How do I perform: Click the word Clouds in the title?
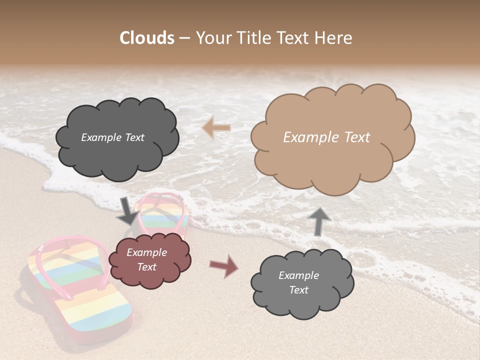[x=146, y=38]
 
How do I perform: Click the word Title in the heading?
[x=255, y=38]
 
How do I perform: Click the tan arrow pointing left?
[x=216, y=128]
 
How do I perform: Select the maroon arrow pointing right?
[x=224, y=266]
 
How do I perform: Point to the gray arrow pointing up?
[x=321, y=221]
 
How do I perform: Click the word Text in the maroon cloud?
[x=147, y=267]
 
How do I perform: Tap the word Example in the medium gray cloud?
[x=298, y=275]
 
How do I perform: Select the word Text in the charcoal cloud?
[x=133, y=137]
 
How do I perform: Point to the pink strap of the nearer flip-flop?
[x=75, y=250]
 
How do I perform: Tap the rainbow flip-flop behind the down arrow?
[x=167, y=215]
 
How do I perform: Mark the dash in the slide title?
[x=184, y=38]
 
